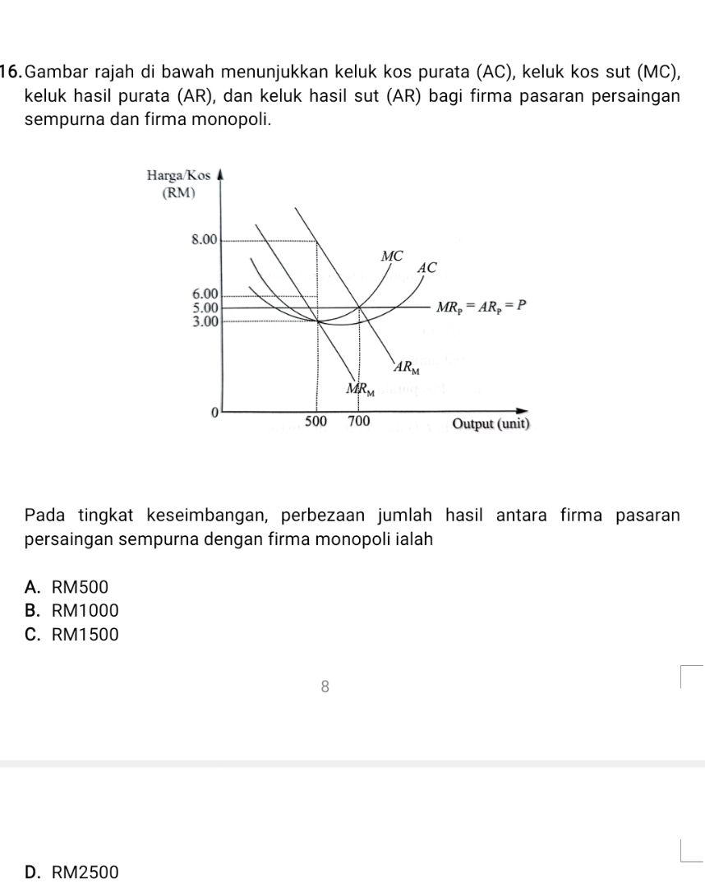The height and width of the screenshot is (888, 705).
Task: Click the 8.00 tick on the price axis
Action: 202,240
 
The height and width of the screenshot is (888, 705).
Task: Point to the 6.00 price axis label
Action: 202,294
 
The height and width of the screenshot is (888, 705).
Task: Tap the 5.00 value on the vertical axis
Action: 202,307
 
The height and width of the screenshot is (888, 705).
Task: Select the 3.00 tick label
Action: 202,320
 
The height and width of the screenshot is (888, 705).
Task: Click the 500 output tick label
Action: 316,422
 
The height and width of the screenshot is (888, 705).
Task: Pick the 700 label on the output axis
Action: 358,422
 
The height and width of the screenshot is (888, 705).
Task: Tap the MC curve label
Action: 393,256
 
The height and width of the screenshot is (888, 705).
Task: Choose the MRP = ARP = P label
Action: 480,307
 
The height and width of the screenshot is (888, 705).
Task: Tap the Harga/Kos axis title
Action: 178,175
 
